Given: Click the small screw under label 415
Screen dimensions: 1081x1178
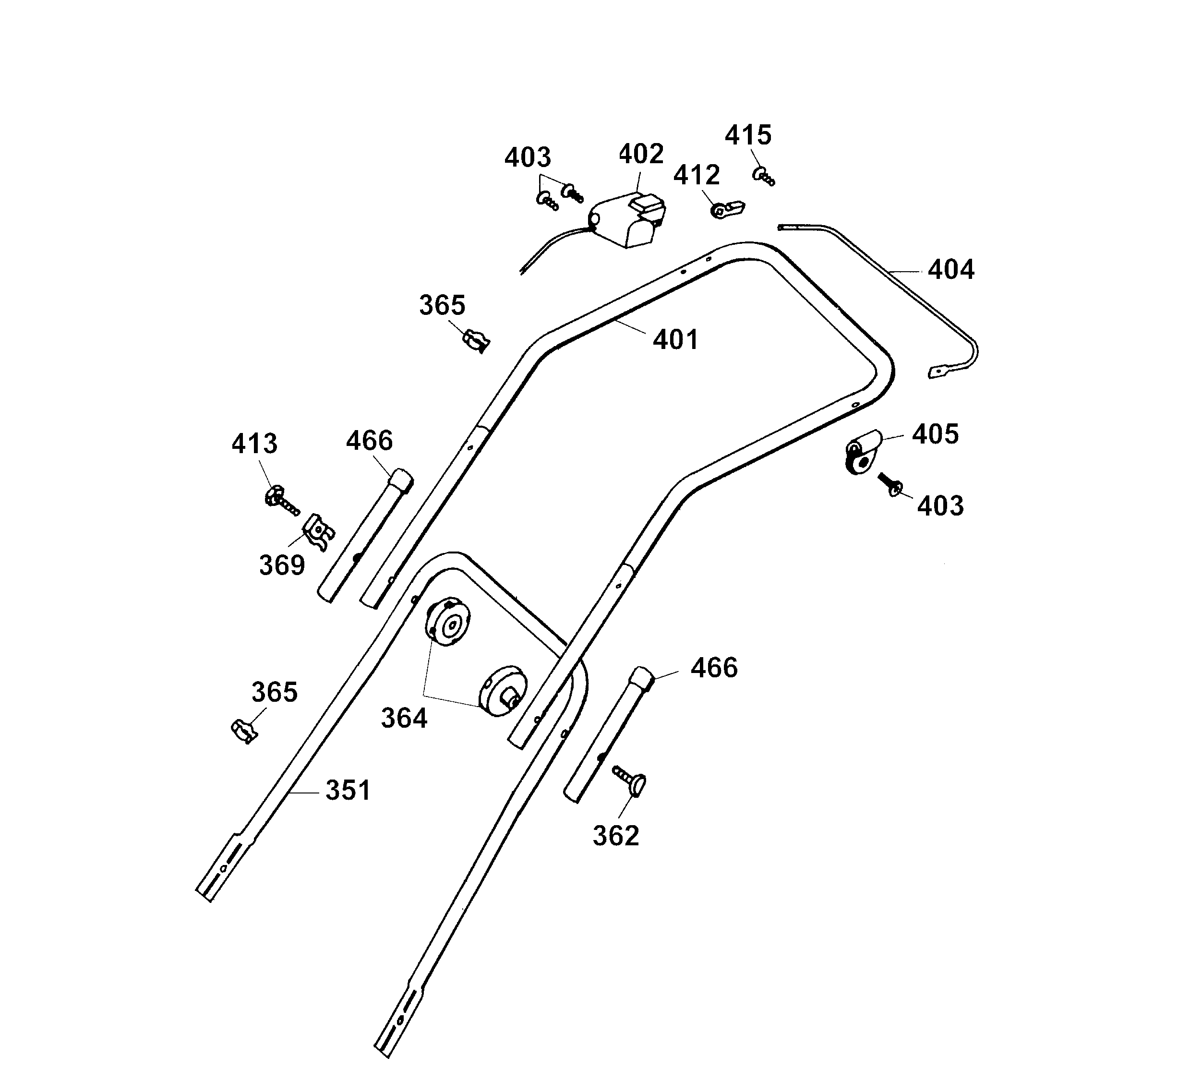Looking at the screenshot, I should point(763,176).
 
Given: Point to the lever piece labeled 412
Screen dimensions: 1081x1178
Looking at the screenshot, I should point(728,209).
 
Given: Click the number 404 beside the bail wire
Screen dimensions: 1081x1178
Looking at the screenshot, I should point(951,270).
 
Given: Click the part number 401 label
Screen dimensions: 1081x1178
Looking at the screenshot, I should point(675,340).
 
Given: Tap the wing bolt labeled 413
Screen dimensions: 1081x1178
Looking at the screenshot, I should point(279,501).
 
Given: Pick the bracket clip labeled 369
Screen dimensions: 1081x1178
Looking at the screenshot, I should point(319,531).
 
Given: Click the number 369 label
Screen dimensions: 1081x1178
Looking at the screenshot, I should point(282,565).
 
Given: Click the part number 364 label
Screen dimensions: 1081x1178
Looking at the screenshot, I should point(404,718).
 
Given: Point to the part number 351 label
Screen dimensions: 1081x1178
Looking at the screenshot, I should point(348,790).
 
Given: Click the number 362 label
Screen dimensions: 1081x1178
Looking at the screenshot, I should point(615,836).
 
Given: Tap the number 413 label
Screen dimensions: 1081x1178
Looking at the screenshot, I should point(254,444).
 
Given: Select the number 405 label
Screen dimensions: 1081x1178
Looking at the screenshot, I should point(935,434).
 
